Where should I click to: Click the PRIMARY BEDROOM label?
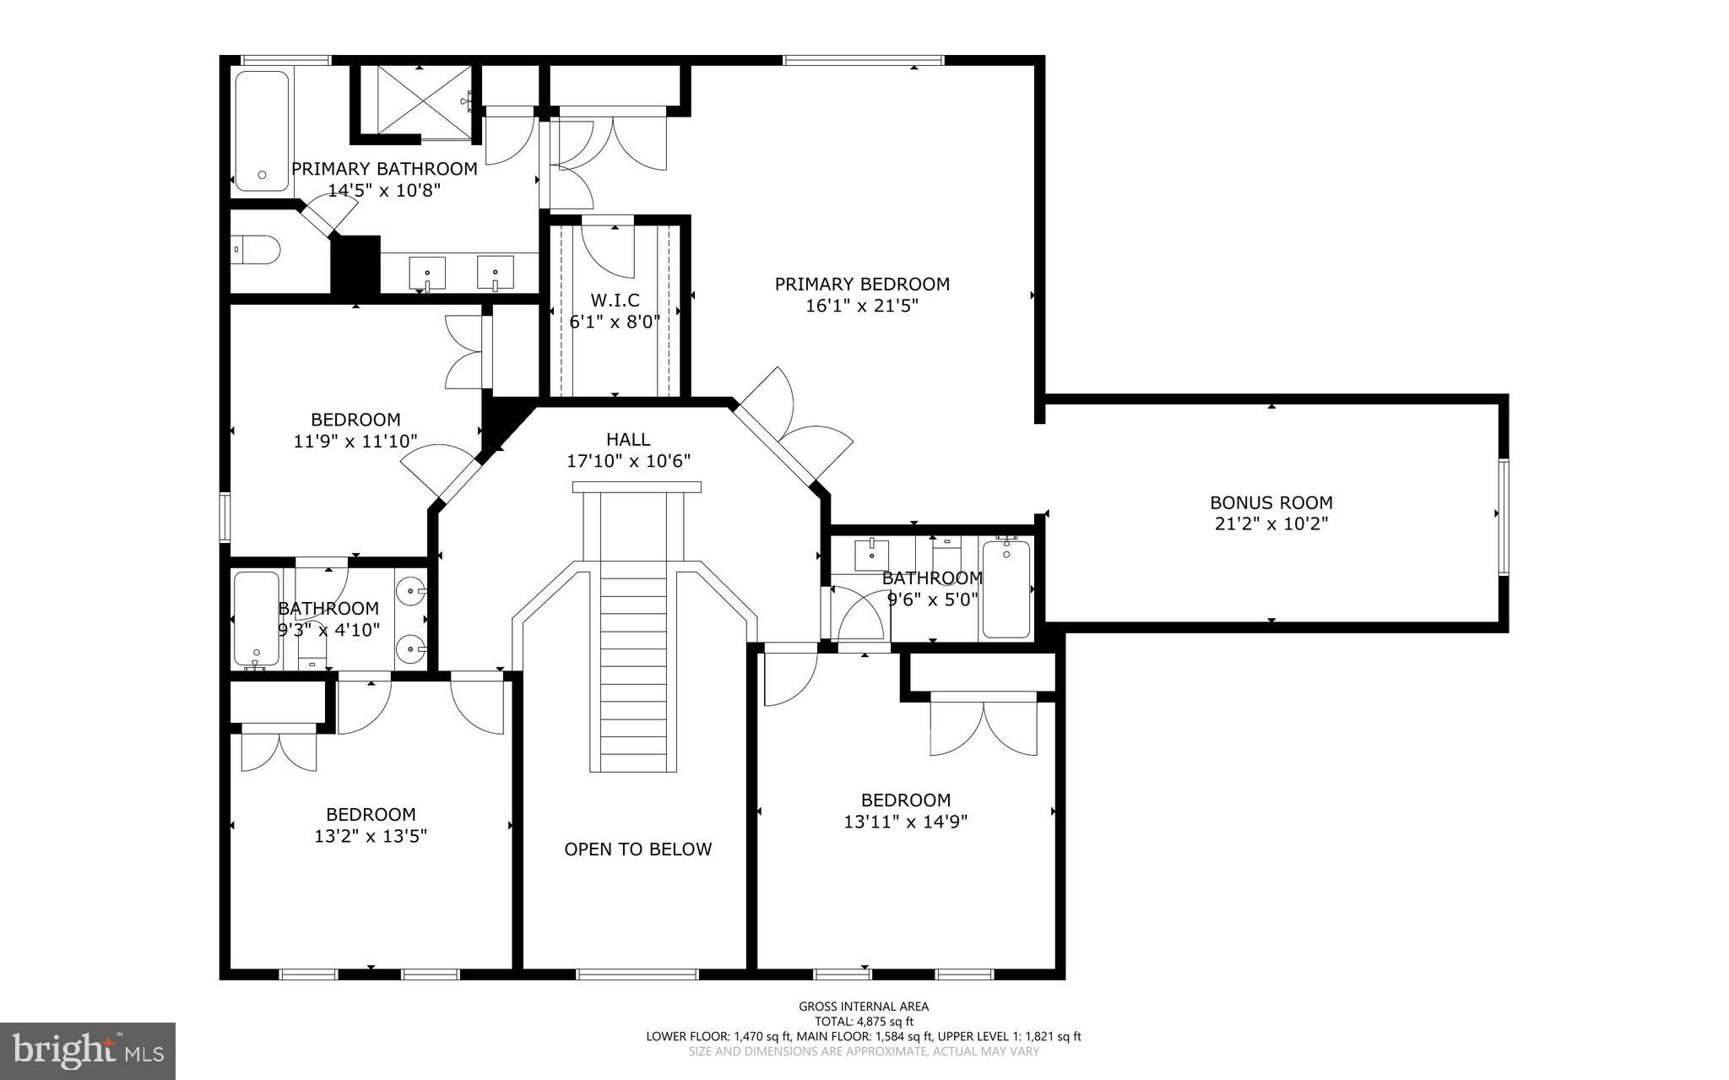coord(862,285)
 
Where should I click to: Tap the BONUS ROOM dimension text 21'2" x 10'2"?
coord(1271,524)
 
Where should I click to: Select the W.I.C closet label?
coord(615,301)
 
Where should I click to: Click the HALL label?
coord(628,439)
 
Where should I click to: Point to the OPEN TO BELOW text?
coord(637,849)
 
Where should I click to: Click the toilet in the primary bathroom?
coord(257,250)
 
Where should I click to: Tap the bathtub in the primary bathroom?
coord(261,131)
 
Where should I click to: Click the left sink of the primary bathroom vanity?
coord(428,274)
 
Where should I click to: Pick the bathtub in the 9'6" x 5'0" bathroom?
coord(1006,589)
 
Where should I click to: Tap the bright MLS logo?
coord(88,1050)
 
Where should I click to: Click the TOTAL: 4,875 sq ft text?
coord(864,1021)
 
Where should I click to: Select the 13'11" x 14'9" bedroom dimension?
coord(905,821)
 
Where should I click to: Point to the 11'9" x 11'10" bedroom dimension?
coord(355,441)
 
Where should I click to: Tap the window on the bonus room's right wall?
coord(1503,517)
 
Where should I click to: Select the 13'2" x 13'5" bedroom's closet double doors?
coord(279,748)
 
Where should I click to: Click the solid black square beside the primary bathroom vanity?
coord(356,265)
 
